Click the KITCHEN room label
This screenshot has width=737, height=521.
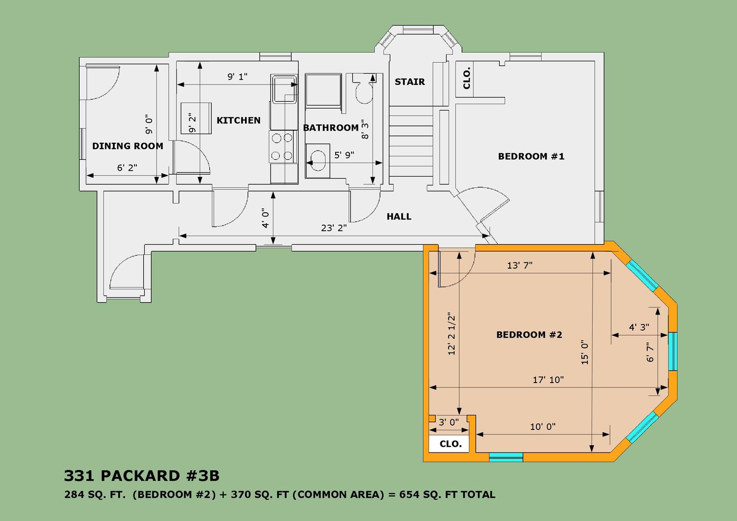pyautogui.click(x=239, y=121)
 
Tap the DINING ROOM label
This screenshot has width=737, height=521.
pyautogui.click(x=128, y=146)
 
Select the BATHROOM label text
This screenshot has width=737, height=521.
pyautogui.click(x=331, y=128)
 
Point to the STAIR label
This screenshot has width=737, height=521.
pyautogui.click(x=409, y=82)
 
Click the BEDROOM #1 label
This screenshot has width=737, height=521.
pyautogui.click(x=531, y=156)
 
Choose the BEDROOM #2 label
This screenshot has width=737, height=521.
pyautogui.click(x=529, y=335)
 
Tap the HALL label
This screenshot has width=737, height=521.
pyautogui.click(x=399, y=217)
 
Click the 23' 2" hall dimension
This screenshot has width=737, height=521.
pyautogui.click(x=334, y=228)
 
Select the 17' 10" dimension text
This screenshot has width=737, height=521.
pyautogui.click(x=548, y=380)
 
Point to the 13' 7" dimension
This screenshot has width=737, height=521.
pyautogui.click(x=519, y=265)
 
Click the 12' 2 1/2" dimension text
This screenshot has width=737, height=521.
pyautogui.click(x=451, y=334)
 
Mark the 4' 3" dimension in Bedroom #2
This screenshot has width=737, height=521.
pyautogui.click(x=639, y=327)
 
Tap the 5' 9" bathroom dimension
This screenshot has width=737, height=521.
pyautogui.click(x=344, y=155)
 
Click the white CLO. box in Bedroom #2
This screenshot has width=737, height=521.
pyautogui.click(x=449, y=444)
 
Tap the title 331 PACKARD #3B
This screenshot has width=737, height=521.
pyautogui.click(x=141, y=476)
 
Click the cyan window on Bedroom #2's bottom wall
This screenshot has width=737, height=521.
pyautogui.click(x=506, y=457)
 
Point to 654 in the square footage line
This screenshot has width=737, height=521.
pyautogui.click(x=407, y=494)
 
